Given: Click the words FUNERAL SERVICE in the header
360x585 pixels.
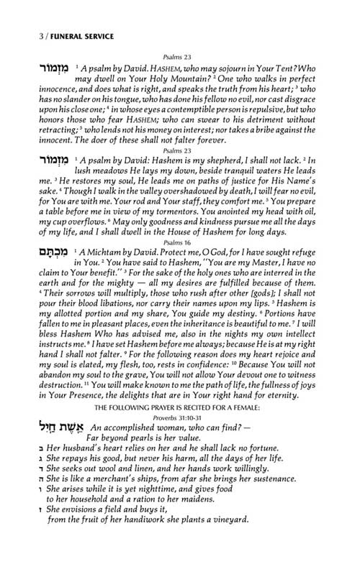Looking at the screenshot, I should (66, 35).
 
